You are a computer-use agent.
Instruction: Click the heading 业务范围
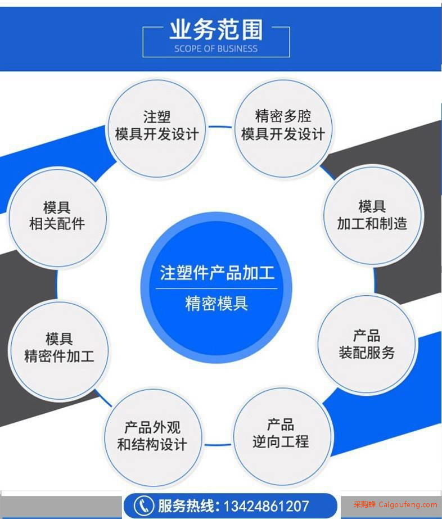tap(217, 30)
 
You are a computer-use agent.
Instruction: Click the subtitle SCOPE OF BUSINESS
tap(216, 49)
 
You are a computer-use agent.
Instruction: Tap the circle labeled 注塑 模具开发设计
tap(156, 128)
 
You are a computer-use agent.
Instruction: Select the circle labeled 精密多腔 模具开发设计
tap(283, 128)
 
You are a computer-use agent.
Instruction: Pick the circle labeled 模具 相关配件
tap(57, 217)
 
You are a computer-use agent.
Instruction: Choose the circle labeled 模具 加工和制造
tap(372, 216)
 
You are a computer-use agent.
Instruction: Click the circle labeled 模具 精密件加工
tap(59, 350)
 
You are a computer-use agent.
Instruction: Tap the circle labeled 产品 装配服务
tap(367, 344)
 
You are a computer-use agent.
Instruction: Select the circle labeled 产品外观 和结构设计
tap(152, 437)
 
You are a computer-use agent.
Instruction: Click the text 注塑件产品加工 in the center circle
tap(217, 273)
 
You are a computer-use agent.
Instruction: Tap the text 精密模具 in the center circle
tap(217, 303)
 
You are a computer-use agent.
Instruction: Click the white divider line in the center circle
tap(217, 288)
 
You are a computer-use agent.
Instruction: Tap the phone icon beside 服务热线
tap(143, 506)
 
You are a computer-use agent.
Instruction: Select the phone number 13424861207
tap(267, 506)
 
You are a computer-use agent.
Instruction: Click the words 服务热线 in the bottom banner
tap(186, 506)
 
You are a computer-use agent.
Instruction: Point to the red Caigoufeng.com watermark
tap(395, 505)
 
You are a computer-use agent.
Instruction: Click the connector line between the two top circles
tap(220, 127)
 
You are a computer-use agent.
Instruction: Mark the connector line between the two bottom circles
tap(218, 445)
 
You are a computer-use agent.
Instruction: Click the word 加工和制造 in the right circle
tap(372, 223)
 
